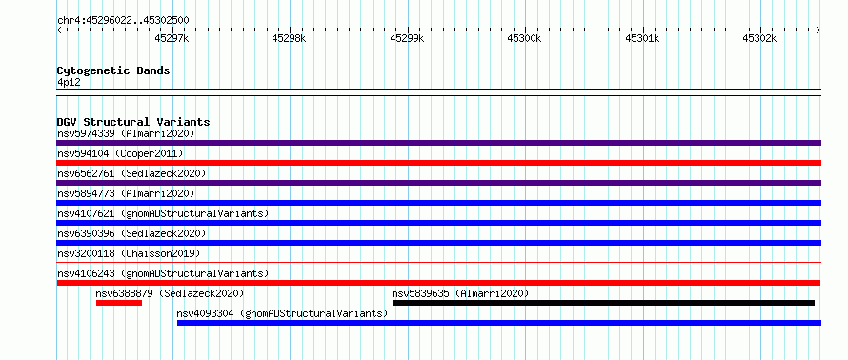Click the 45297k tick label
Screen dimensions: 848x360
pyautogui.click(x=172, y=38)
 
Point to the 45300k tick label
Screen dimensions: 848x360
pyautogui.click(x=524, y=38)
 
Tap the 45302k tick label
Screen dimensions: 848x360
pyautogui.click(x=759, y=38)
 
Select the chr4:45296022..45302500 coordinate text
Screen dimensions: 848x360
pyautogui.click(x=123, y=21)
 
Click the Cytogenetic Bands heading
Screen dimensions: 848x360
pyautogui.click(x=113, y=70)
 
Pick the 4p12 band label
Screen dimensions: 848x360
pyautogui.click(x=69, y=83)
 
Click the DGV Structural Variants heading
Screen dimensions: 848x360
pyautogui.click(x=133, y=122)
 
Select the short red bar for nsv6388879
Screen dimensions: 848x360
pyautogui.click(x=119, y=303)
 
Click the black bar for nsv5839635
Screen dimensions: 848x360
pyautogui.click(x=603, y=303)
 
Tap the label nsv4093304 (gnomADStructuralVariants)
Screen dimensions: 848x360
pyautogui.click(x=282, y=313)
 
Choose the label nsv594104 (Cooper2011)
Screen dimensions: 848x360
pyautogui.click(x=120, y=153)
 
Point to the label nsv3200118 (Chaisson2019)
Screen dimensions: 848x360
pyautogui.click(x=129, y=253)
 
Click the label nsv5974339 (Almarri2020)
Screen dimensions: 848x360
pyautogui.click(x=126, y=133)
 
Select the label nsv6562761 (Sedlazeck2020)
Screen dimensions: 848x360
pyautogui.click(x=131, y=173)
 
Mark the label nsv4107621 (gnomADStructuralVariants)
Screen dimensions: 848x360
pyautogui.click(x=163, y=213)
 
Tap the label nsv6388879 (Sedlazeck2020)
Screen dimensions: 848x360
pyautogui.click(x=170, y=293)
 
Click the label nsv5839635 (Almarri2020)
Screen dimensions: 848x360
pyautogui.click(x=460, y=293)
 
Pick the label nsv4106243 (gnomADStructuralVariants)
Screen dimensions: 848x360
pyautogui.click(x=163, y=273)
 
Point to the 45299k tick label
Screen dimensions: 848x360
pyautogui.click(x=407, y=38)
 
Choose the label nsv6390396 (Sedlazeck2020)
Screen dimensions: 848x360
pyautogui.click(x=131, y=233)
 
